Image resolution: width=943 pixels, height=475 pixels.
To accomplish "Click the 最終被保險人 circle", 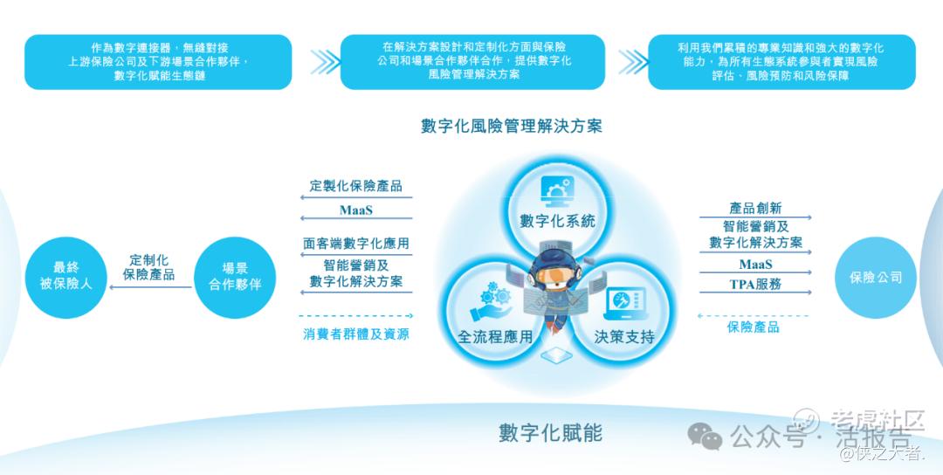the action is (x=66, y=277).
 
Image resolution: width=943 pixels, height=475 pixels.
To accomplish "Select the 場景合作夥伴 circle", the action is (x=235, y=277).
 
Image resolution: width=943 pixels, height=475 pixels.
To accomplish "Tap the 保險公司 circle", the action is (x=876, y=277).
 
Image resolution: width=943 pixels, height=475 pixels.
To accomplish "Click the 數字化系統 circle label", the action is (x=557, y=221).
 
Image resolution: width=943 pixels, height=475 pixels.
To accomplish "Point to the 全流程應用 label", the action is (x=495, y=337).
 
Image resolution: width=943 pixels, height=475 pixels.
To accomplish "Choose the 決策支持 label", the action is (x=624, y=337).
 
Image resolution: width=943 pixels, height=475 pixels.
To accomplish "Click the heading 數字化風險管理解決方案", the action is (x=511, y=126).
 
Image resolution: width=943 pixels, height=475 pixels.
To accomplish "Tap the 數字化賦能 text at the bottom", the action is (x=550, y=432).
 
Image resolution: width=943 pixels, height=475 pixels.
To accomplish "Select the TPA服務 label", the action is (x=755, y=285).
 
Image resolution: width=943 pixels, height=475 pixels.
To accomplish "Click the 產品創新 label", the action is (x=755, y=208).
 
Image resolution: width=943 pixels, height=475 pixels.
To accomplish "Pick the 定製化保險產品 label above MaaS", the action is (x=356, y=186).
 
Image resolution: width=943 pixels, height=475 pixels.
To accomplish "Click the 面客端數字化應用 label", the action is (x=356, y=244).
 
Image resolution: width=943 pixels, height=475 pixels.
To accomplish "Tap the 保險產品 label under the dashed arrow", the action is (x=753, y=327).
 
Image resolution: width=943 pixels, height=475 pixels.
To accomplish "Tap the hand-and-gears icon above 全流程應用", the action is (x=491, y=301).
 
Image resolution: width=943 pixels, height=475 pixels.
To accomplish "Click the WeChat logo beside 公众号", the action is (x=705, y=436).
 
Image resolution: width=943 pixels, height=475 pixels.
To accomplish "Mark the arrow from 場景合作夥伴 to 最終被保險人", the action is (x=150, y=287).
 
